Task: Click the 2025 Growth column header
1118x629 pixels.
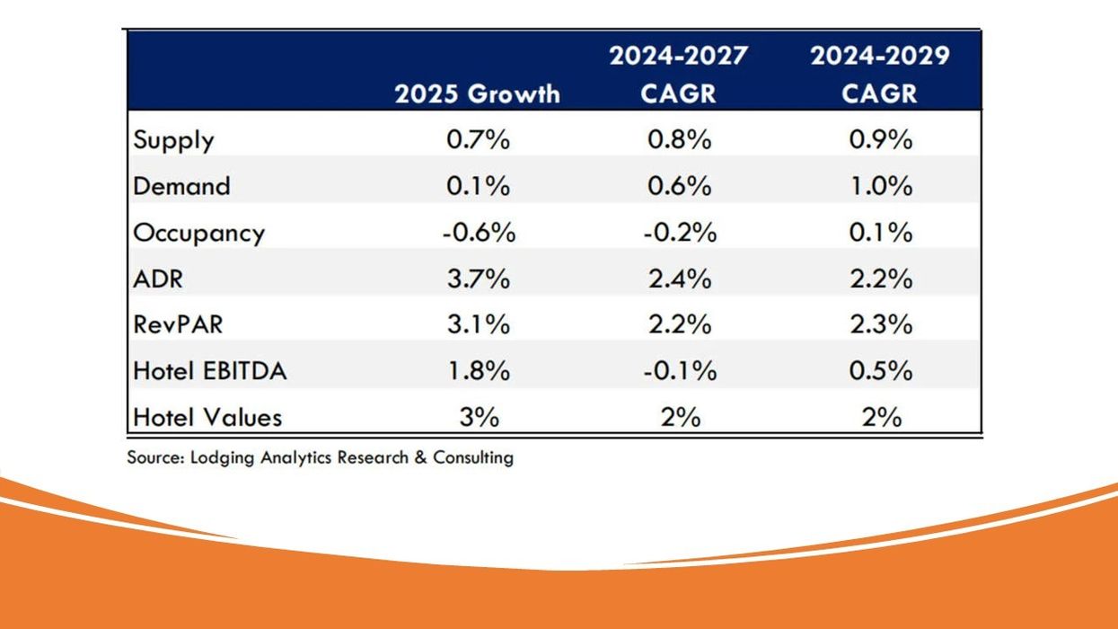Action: point(477,94)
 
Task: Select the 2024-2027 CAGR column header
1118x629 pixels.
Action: point(679,75)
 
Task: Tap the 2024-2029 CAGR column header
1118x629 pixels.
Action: point(880,75)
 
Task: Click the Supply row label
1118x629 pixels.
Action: point(173,140)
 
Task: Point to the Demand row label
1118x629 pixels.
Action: point(181,186)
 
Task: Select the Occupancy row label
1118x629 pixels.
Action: point(198,234)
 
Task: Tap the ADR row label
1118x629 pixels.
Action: point(158,279)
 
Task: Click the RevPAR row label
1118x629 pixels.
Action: point(178,324)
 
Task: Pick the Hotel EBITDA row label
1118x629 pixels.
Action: point(209,371)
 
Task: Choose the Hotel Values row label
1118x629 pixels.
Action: point(207,418)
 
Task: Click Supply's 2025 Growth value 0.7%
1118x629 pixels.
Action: point(478,139)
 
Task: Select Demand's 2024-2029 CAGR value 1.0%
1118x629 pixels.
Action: point(881,186)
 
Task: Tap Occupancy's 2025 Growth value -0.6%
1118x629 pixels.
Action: point(479,233)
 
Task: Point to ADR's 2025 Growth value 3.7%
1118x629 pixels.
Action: point(478,279)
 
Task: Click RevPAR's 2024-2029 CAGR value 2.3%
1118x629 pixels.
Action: point(881,324)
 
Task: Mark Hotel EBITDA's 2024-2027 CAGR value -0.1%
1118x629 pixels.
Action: point(680,371)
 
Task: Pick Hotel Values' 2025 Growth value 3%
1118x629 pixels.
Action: point(480,418)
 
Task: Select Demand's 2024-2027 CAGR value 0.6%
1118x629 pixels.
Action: point(679,186)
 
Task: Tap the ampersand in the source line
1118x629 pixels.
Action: point(421,457)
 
